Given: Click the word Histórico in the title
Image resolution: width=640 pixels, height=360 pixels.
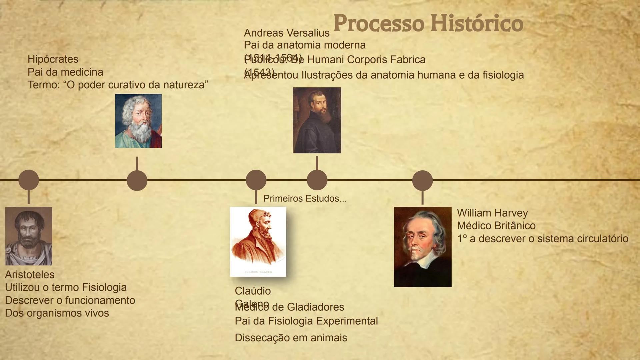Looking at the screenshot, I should click(x=477, y=23).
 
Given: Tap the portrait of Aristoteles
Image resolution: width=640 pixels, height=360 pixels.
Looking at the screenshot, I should click(x=29, y=236).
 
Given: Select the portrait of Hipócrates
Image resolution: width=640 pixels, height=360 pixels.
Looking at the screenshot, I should click(x=138, y=121).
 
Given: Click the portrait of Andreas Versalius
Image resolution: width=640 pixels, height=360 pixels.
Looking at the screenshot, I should click(x=317, y=120).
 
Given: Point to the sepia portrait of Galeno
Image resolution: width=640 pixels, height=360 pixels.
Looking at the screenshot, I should click(x=258, y=242).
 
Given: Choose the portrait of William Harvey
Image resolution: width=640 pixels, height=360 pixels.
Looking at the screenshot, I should click(x=423, y=247).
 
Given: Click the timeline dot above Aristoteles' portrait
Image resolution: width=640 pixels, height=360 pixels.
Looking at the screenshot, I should click(x=29, y=180).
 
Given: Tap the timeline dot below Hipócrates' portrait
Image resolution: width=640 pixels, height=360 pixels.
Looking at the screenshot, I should click(x=137, y=180).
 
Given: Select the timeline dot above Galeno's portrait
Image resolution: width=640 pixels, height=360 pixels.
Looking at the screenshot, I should click(x=256, y=180).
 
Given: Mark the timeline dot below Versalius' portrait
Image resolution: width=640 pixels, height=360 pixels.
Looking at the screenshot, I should click(x=317, y=180).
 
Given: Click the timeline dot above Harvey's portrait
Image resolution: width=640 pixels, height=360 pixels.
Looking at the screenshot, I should click(x=422, y=180).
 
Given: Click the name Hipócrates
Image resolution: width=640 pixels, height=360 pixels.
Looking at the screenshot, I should click(x=53, y=59).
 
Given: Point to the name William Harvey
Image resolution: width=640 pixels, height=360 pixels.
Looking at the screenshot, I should click(x=492, y=213).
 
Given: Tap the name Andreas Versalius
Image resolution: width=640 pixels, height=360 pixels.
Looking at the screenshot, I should click(x=287, y=33).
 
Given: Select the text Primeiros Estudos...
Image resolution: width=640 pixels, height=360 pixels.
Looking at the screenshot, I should click(x=305, y=199).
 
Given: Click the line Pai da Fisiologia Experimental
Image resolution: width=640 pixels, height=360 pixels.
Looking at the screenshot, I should click(x=306, y=321).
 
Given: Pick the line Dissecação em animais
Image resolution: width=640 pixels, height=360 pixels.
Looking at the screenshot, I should click(x=291, y=338).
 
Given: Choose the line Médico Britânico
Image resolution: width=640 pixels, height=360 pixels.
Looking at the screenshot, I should click(x=496, y=226).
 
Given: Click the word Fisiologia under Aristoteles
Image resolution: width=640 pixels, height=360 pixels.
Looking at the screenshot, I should click(x=104, y=287).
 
